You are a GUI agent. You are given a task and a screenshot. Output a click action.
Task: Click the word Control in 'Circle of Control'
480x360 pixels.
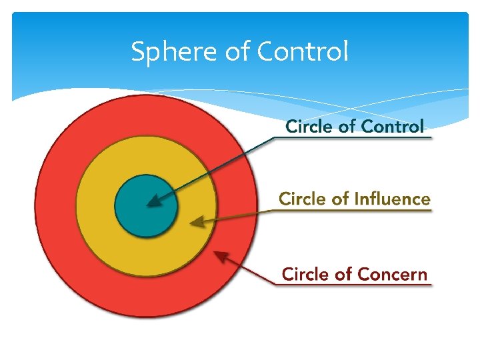[x=392, y=126]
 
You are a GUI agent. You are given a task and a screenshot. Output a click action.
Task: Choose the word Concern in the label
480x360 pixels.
[x=393, y=274]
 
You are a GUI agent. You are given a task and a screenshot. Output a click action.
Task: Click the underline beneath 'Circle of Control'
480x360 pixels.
[x=353, y=138]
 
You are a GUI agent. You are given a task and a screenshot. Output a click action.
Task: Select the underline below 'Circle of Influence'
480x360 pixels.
[x=353, y=211]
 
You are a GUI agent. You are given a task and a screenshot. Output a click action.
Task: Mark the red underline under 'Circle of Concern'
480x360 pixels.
[x=353, y=285]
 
